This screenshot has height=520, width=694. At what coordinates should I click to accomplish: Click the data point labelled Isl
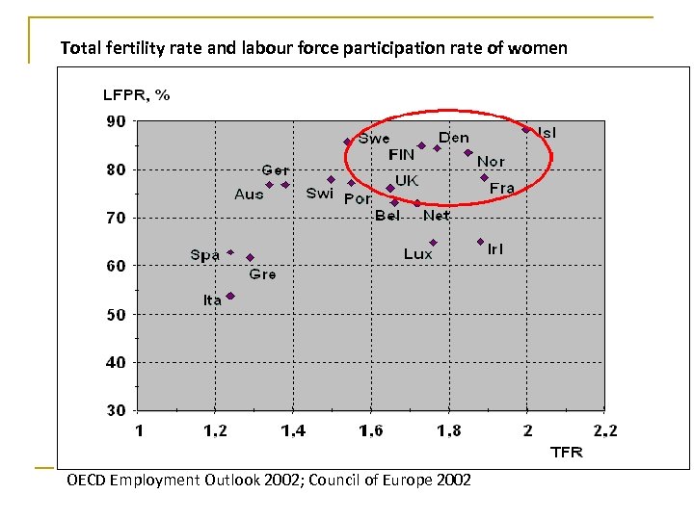[526, 129]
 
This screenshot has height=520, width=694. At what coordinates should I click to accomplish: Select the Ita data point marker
[230, 296]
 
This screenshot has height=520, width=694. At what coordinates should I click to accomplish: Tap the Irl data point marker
[480, 242]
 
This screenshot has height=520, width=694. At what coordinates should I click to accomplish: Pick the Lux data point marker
[434, 243]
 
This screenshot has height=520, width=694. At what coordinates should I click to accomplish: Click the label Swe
[374, 139]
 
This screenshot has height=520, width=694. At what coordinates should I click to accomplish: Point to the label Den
[454, 138]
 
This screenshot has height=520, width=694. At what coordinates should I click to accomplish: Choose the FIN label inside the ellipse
[401, 154]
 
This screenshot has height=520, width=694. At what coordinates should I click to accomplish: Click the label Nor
[491, 162]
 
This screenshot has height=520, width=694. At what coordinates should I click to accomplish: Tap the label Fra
[502, 188]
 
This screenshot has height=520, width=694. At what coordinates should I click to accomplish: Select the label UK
[407, 180]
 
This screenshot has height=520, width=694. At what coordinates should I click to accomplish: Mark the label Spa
[205, 255]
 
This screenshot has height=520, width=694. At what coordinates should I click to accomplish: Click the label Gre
[262, 274]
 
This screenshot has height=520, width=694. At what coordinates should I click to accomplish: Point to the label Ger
[275, 170]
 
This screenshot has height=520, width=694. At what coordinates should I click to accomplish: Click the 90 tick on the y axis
[115, 121]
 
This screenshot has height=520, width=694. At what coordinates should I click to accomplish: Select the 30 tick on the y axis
[115, 411]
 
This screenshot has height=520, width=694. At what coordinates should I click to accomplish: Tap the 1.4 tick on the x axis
[293, 431]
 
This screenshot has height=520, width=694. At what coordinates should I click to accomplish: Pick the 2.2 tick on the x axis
[605, 431]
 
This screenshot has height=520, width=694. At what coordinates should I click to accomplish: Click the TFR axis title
[566, 451]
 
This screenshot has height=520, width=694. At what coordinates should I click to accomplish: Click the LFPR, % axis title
[136, 94]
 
